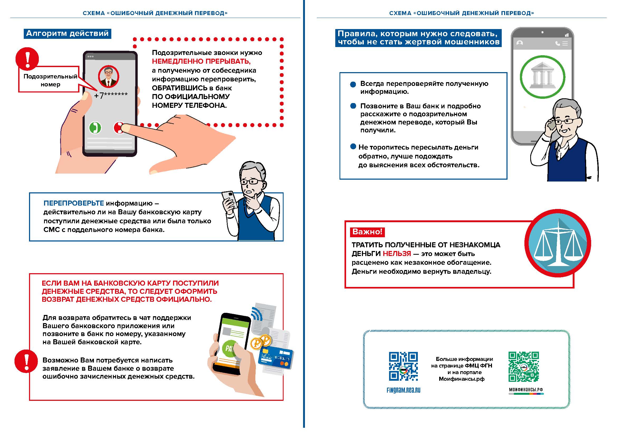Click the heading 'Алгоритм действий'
[x=68, y=34]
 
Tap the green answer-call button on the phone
[x=95, y=128]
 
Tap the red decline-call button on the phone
[x=118, y=128]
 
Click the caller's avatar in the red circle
[x=108, y=76]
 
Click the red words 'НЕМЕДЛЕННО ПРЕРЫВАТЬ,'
[x=201, y=61]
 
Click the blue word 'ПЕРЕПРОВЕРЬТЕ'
[x=74, y=203]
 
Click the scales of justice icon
[x=558, y=243]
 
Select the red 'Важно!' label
[x=367, y=232]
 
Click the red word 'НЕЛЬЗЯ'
[x=397, y=253]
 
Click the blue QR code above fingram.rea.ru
[x=403, y=366]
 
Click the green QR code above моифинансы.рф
[x=523, y=366]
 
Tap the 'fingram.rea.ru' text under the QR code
[x=403, y=390]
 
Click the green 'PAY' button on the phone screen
[x=229, y=349]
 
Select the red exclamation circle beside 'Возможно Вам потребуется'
[x=26, y=361]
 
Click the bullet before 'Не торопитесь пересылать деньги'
[x=353, y=147]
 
